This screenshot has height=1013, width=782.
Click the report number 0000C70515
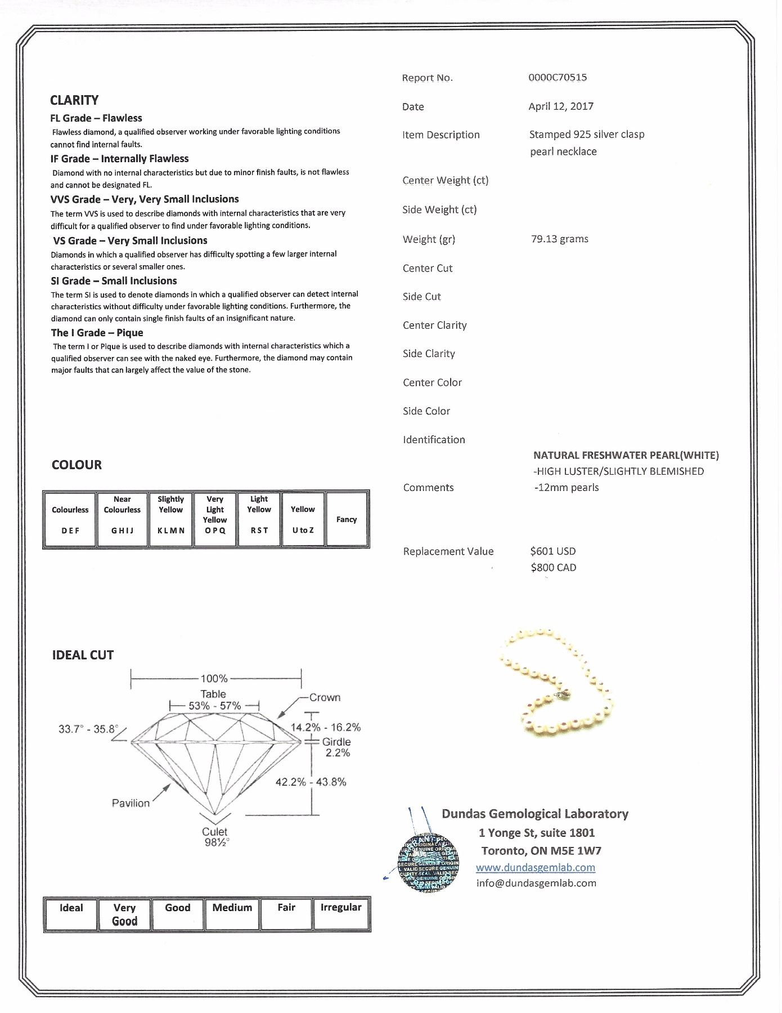557,78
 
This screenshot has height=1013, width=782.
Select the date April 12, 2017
561,106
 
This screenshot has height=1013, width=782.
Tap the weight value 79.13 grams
559,239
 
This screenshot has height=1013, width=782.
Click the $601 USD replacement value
553,551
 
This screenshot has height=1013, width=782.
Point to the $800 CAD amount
553,568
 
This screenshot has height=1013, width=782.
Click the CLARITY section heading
74,100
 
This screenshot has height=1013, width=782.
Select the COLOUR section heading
77,465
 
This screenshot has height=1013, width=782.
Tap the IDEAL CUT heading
83,655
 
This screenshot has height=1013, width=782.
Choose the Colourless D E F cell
70,519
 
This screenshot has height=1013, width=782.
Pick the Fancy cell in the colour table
347,519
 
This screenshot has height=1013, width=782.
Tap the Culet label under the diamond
214,832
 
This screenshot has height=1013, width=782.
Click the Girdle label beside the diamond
336,742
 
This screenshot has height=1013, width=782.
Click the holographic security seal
428,862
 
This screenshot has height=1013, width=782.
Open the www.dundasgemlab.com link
535,868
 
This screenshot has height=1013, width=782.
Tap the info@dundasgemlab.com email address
536,883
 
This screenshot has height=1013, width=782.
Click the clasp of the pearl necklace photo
563,697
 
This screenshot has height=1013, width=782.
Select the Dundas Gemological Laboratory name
534,814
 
